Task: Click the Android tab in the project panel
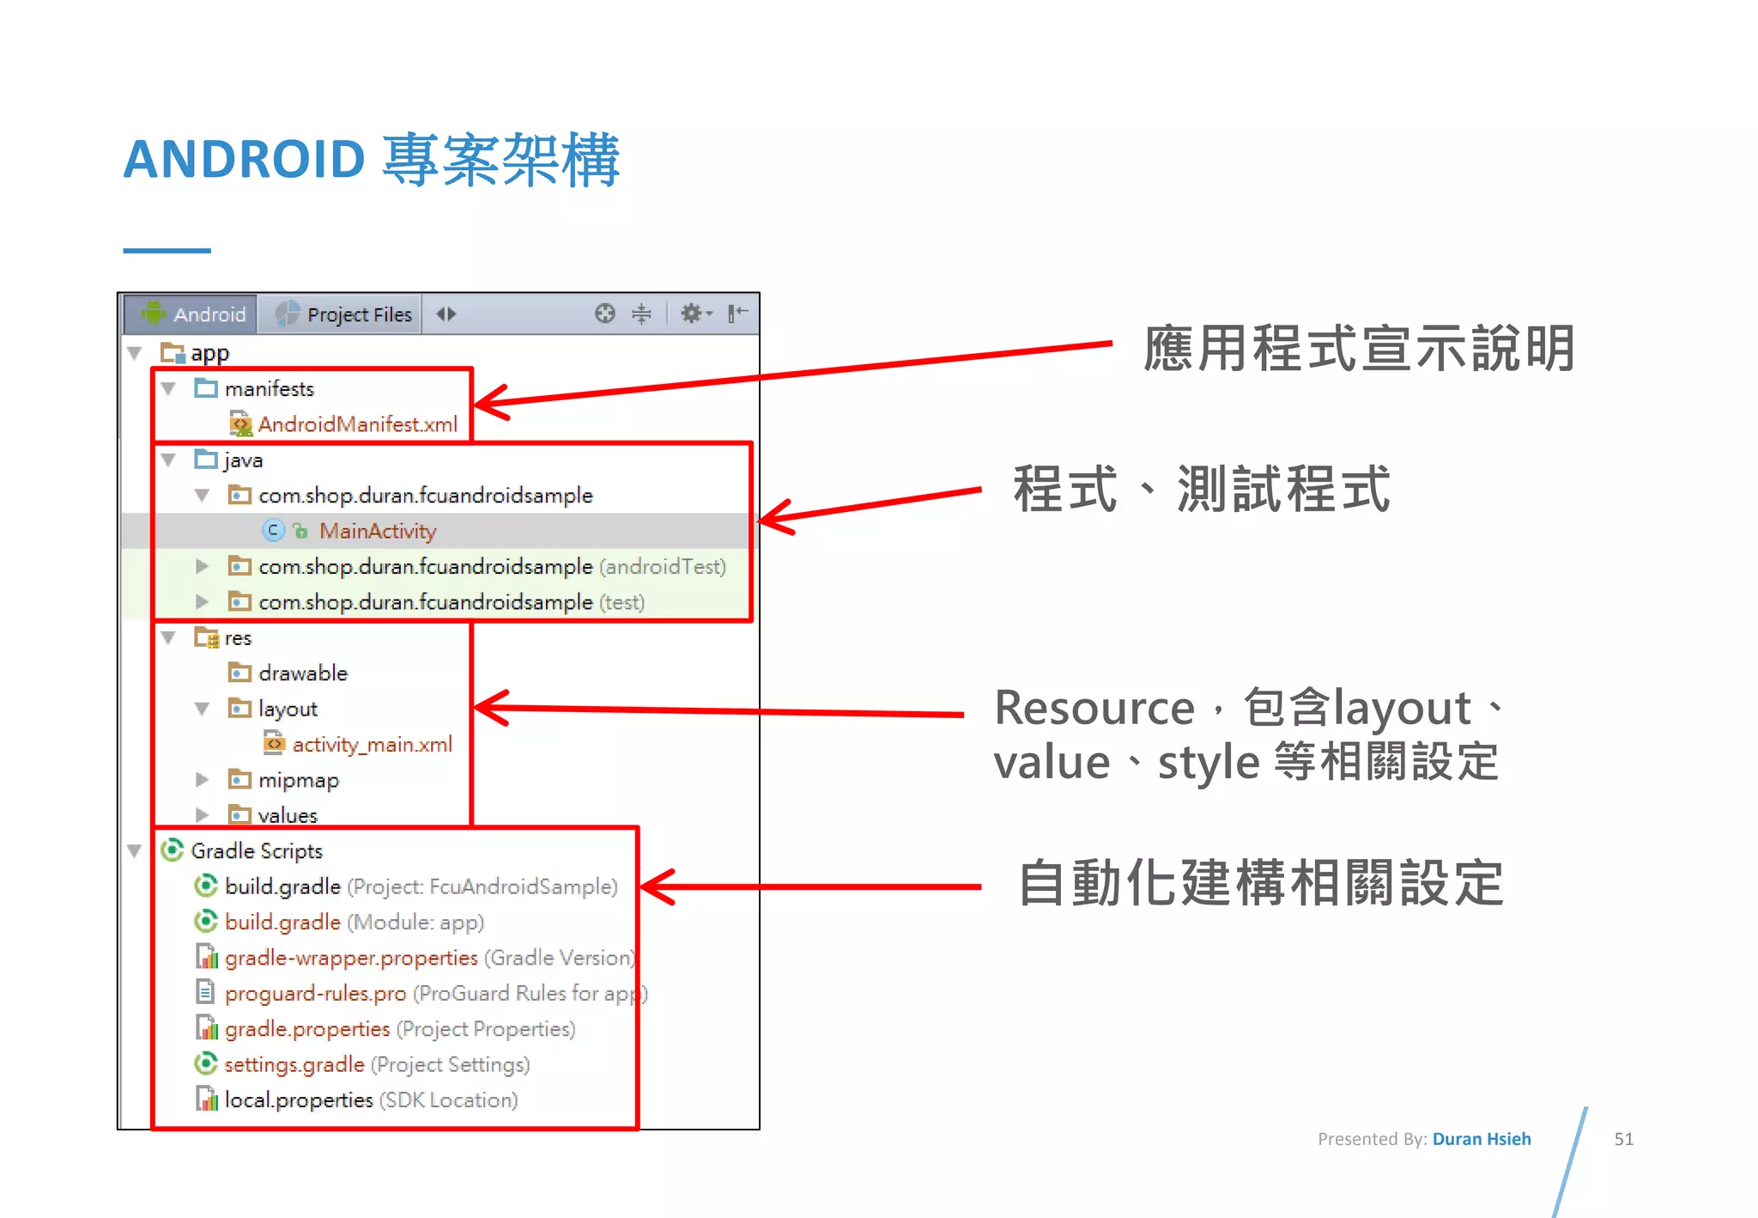tap(194, 314)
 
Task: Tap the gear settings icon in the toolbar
tap(692, 314)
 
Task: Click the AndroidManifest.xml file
tap(357, 424)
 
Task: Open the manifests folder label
tap(269, 389)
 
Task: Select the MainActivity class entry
tap(377, 532)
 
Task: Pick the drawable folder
tap(302, 673)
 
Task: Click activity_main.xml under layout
tap(371, 745)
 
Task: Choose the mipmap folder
tap(298, 780)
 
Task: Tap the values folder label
tap(287, 815)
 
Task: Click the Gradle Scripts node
tap(256, 851)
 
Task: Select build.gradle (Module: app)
tap(353, 923)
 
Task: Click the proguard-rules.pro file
tap(315, 994)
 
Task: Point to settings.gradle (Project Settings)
tap(376, 1065)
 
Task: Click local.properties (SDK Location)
tap(370, 1100)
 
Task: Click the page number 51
tap(1623, 1139)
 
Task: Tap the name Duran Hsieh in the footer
tap(1481, 1139)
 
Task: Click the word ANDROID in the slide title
tap(245, 160)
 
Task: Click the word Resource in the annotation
tap(1094, 709)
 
